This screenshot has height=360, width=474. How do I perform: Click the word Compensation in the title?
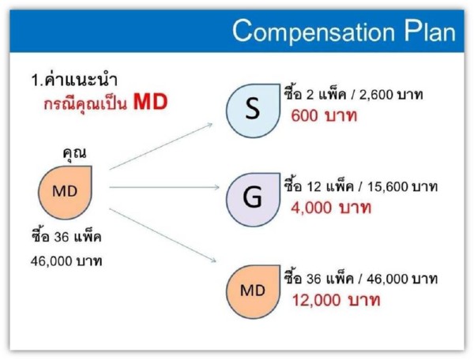tap(314, 32)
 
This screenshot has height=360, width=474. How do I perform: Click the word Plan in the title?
tap(430, 31)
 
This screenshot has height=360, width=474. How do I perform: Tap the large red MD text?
tap(151, 102)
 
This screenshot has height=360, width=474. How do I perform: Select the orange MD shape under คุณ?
tap(65, 193)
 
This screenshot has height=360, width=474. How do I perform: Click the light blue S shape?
tap(253, 111)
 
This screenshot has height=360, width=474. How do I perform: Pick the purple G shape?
tap(253, 200)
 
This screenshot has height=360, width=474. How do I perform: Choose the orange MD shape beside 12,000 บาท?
tap(253, 292)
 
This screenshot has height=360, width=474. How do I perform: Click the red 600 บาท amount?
tap(324, 116)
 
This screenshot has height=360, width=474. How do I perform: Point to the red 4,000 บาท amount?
tap(331, 208)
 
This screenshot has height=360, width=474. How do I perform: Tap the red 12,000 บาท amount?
tap(336, 300)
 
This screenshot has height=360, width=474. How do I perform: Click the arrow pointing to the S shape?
tap(161, 146)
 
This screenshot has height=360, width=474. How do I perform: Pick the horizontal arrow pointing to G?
tap(164, 187)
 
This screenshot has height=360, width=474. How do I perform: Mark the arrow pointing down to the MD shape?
tap(163, 235)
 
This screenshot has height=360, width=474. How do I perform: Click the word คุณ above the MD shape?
tap(74, 153)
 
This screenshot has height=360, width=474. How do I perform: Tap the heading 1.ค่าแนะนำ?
tap(74, 80)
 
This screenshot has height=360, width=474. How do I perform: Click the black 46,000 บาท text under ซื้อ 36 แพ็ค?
tap(66, 261)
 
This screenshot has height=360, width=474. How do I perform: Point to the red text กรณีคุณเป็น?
tap(85, 103)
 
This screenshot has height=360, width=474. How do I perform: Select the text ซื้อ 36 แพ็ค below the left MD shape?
tap(66, 235)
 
